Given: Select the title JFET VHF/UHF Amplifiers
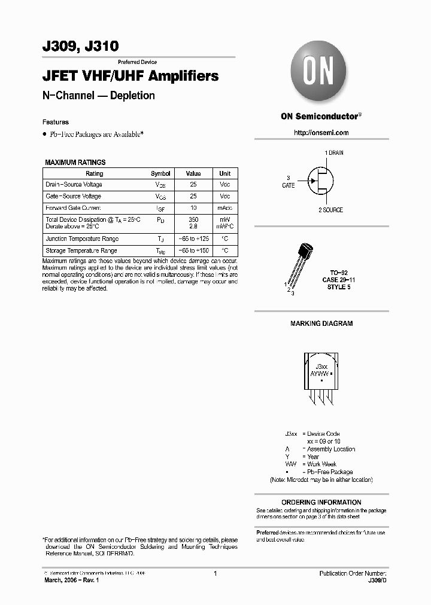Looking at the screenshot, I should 130,77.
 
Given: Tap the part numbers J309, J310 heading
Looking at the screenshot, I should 81,46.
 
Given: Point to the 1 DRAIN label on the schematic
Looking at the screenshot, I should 333,153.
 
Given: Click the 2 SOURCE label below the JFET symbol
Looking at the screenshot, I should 330,210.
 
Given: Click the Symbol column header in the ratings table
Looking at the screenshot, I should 160,173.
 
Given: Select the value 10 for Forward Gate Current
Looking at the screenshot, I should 193,208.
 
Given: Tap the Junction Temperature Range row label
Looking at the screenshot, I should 81,239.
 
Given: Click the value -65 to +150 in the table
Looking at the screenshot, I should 193,251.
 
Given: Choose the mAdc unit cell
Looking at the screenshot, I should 225,208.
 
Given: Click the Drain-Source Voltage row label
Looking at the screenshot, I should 74,185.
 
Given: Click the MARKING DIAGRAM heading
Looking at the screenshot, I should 321,323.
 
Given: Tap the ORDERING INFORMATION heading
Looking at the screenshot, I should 321,502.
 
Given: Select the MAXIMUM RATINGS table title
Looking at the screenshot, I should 75,162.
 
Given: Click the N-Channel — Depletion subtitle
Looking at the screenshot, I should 99,96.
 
